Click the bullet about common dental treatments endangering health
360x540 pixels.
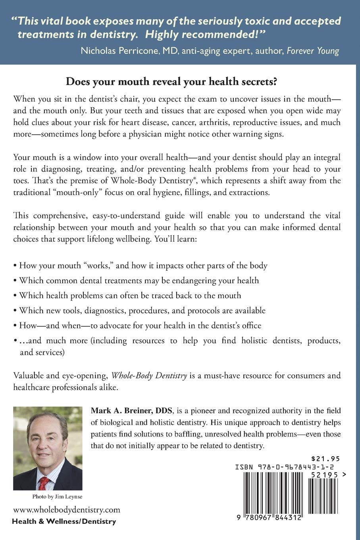click(x=139, y=280)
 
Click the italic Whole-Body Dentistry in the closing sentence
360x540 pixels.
click(x=149, y=375)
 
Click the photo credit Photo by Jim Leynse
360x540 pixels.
click(x=57, y=497)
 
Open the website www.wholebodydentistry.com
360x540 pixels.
click(x=67, y=510)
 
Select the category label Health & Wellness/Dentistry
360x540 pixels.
click(x=64, y=521)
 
